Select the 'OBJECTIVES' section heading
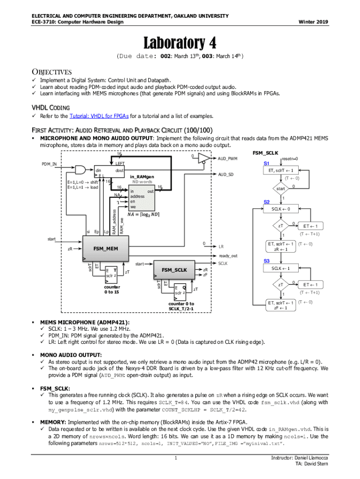click(x=51, y=72)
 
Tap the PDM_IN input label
click(x=49, y=164)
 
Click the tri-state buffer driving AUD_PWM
click(x=204, y=160)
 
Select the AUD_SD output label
click(x=226, y=174)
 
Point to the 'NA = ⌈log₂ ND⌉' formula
click(x=145, y=215)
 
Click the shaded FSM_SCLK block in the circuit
click(x=174, y=270)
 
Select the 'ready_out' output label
click(x=228, y=256)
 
